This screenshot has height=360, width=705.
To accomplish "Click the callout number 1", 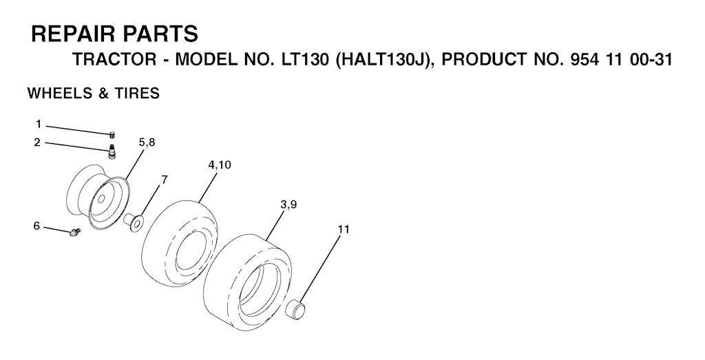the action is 39,124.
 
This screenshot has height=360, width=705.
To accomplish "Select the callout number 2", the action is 37,142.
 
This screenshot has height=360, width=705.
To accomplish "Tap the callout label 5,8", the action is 147,142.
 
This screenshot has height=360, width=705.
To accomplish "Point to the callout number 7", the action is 164,180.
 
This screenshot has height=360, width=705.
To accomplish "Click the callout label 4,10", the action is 220,165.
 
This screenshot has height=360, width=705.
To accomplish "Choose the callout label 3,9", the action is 288,204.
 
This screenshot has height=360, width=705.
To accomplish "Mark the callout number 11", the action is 344,229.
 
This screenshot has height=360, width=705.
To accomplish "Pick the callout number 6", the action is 37,226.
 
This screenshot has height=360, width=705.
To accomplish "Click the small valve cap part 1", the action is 112,134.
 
